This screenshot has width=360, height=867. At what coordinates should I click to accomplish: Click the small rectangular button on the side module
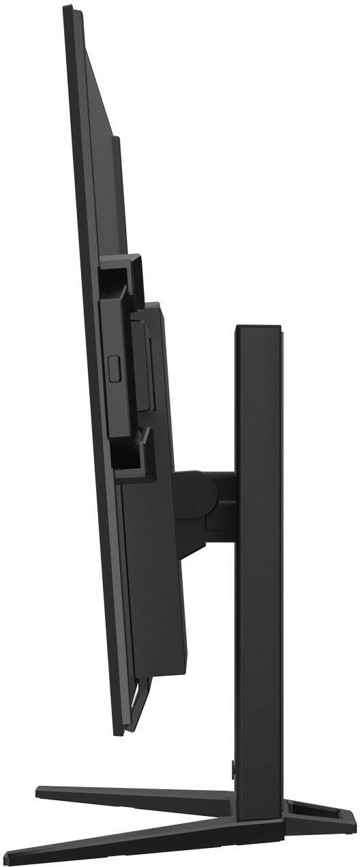click(x=114, y=369)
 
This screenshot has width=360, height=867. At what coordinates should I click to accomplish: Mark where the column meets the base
click(x=258, y=804)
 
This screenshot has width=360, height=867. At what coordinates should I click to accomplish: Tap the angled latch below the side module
click(x=143, y=436)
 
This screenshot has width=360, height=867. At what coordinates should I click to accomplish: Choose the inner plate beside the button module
click(x=140, y=368)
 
